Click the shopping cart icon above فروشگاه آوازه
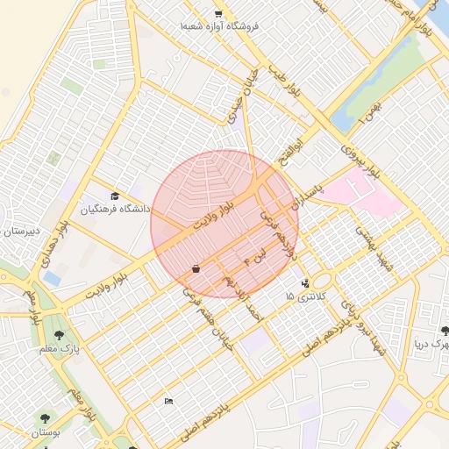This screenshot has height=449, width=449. (x=218, y=12)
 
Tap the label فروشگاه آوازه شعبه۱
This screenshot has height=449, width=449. (x=219, y=27)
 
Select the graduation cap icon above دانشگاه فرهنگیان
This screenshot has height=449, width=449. (x=116, y=196)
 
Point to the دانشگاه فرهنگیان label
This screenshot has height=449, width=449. (x=116, y=210)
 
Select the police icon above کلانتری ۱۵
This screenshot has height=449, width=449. (x=304, y=283)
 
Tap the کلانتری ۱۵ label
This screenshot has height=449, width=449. (x=304, y=297)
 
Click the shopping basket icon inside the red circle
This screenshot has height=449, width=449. (x=195, y=268)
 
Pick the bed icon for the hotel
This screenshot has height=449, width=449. (x=168, y=401)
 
